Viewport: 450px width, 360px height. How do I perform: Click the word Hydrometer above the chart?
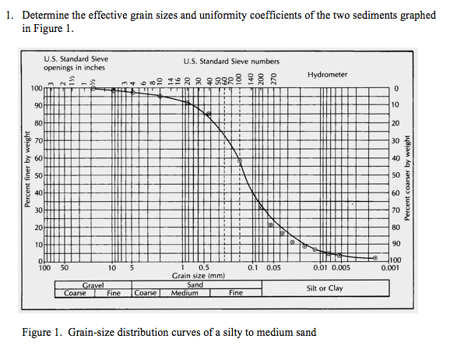[x=328, y=75]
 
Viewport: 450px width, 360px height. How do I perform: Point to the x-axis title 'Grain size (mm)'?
[x=198, y=276]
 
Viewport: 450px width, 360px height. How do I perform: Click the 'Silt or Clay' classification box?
[x=324, y=288]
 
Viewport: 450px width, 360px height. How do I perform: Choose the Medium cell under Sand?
[x=185, y=293]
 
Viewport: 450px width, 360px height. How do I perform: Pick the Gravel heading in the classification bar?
[x=93, y=285]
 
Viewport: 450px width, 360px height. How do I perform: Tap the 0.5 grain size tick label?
[x=204, y=267]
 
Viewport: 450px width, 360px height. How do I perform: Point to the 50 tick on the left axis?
[x=37, y=175]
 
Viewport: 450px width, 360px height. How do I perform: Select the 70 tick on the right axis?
[x=396, y=210]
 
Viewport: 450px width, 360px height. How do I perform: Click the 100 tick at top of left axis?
[x=36, y=88]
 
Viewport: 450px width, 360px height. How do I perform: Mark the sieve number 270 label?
[x=272, y=77]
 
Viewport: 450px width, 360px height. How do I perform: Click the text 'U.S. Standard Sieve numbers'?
[x=231, y=61]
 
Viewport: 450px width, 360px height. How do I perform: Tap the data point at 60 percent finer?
[x=239, y=161]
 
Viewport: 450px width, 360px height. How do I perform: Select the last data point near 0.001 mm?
[x=374, y=257]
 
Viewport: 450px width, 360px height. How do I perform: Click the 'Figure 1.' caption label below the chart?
[x=42, y=333]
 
